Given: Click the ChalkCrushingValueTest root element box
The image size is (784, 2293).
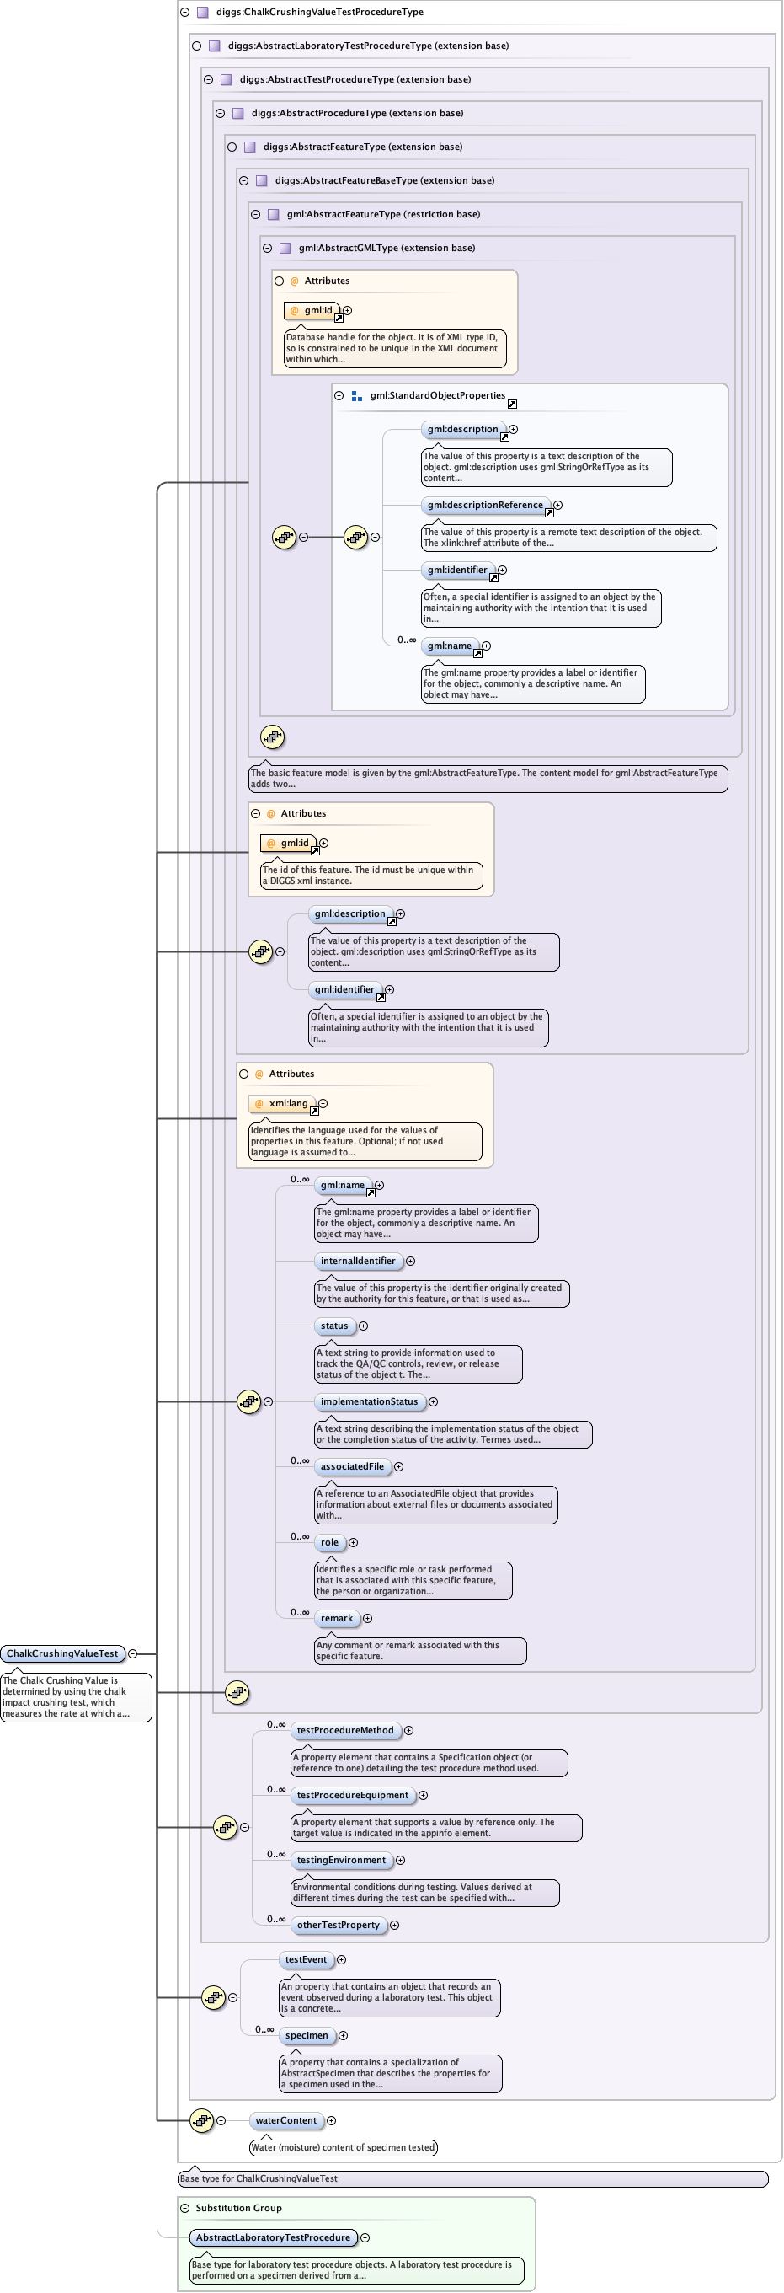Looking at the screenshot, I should point(62,1653).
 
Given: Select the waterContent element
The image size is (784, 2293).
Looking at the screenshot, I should point(285,2120).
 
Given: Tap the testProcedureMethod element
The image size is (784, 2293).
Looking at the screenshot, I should point(345,1730).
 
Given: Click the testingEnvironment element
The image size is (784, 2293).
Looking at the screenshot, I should point(341,1860).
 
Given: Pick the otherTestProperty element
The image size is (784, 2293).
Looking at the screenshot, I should point(339,1925).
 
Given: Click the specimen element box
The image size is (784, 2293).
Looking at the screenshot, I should point(307,2035).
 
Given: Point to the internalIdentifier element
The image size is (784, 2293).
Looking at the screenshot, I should point(358,1261).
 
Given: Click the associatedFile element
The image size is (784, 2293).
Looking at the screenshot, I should point(352,1466).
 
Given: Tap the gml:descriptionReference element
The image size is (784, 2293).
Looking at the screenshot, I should point(485,505).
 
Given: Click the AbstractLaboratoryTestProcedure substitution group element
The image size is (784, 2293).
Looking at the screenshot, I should point(273,2237).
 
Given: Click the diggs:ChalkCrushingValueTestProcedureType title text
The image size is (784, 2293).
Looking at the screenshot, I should point(319,12).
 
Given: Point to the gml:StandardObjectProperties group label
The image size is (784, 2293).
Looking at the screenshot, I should point(437,395).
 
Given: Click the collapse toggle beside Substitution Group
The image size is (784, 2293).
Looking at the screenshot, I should point(185,2208).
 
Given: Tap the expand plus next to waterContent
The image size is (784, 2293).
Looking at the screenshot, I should point(331,2120).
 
